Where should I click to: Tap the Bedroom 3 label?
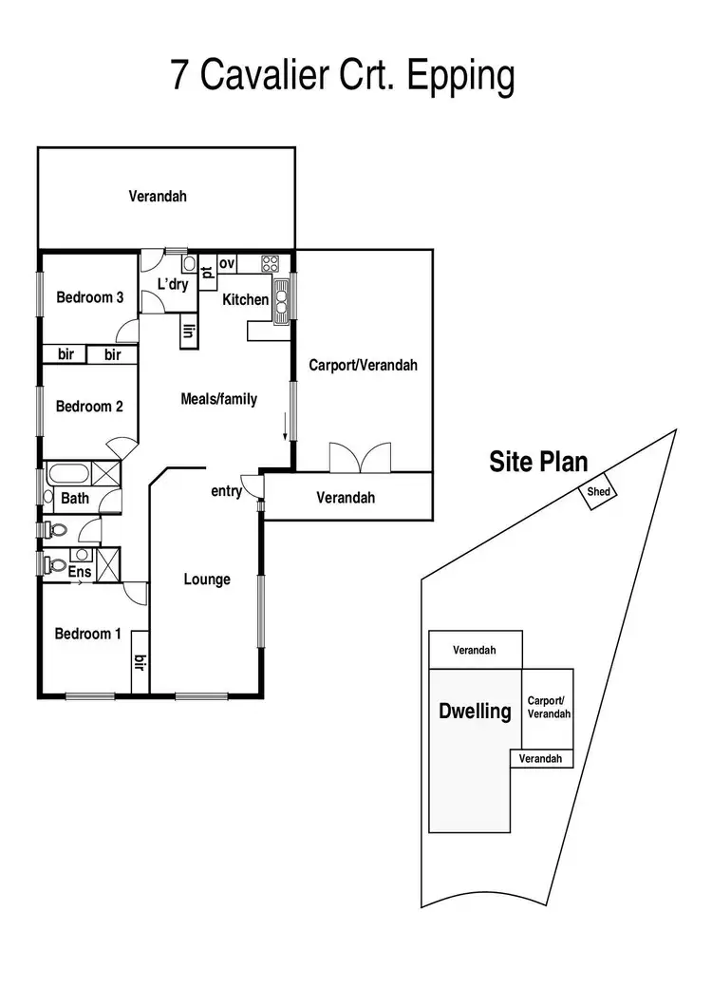pos(90,297)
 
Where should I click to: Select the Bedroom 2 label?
pos(90,407)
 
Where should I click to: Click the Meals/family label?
pos(219,399)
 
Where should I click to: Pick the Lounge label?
pos(207,579)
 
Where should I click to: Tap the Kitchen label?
pos(246,299)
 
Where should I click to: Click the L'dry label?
pos(173,284)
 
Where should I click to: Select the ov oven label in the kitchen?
pos(227,263)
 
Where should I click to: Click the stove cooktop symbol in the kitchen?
pos(271,263)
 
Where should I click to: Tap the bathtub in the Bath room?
pos(67,474)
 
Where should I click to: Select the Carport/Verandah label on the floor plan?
pos(364,365)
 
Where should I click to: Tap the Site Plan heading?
pos(538,463)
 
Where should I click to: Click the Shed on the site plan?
pos(598,492)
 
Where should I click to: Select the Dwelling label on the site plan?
pos(475,711)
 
